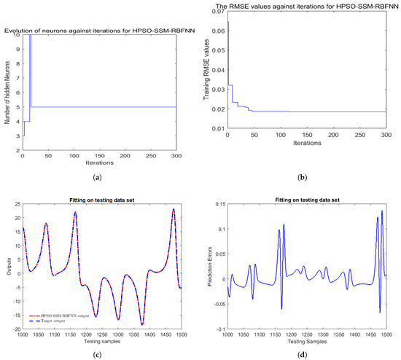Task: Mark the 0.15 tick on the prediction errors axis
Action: pos(217,205)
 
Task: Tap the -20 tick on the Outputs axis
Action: pos(15,329)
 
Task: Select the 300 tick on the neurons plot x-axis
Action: pos(175,156)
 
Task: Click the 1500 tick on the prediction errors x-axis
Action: pos(385,334)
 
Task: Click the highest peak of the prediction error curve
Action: pos(381,211)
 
